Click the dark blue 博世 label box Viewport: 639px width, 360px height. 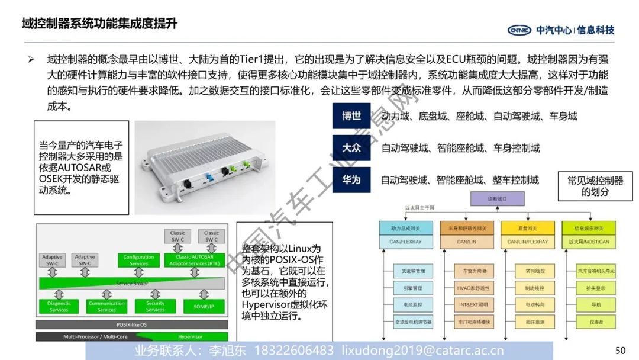[351, 116]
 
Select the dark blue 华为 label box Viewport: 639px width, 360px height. [351, 179]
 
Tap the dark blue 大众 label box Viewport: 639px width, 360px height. [351, 148]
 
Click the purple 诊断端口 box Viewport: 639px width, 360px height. [498, 199]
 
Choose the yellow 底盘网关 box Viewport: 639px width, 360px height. [528, 228]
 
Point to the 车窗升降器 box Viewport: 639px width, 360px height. [471, 271]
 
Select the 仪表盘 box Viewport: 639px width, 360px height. [596, 322]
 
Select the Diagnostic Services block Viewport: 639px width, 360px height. [59, 306]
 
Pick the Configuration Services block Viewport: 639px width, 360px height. [138, 260]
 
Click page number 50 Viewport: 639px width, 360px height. [620, 351]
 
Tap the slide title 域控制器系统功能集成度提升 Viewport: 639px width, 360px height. [99, 24]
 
